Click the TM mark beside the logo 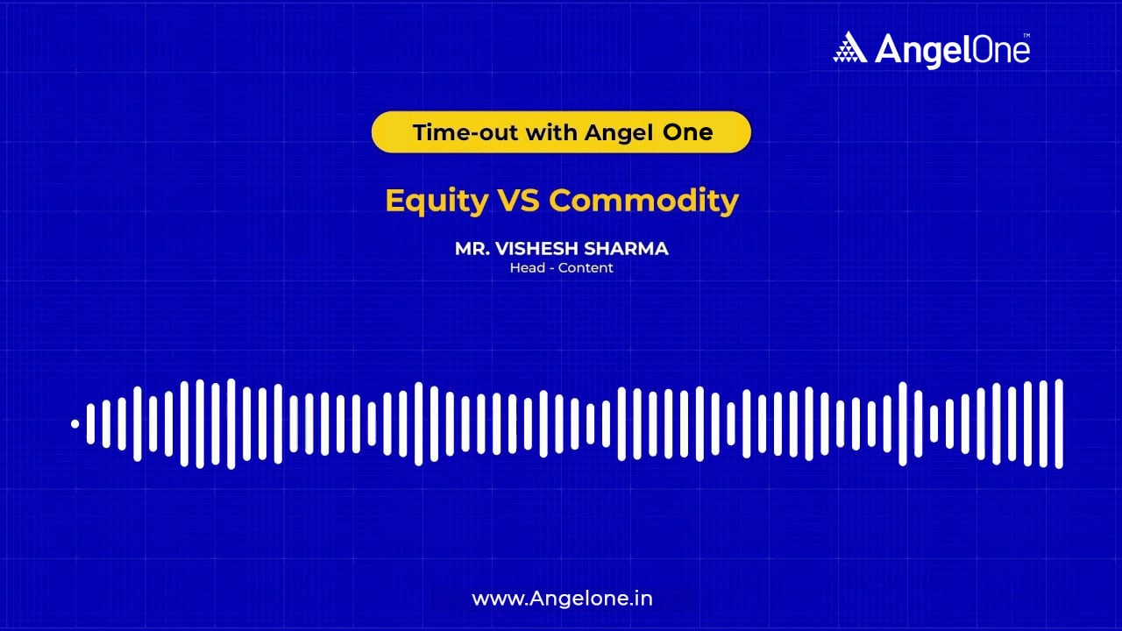click(x=1026, y=35)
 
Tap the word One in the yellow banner click(x=688, y=132)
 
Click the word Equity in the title click(x=436, y=201)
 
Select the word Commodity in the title click(x=643, y=201)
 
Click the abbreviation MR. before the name click(x=471, y=249)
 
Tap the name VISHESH click(x=534, y=249)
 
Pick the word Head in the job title click(x=526, y=268)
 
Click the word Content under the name click(x=586, y=268)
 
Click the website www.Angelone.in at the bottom click(x=562, y=599)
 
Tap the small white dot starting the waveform click(x=75, y=424)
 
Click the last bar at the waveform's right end click(x=1059, y=424)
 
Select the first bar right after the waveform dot click(x=90, y=424)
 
